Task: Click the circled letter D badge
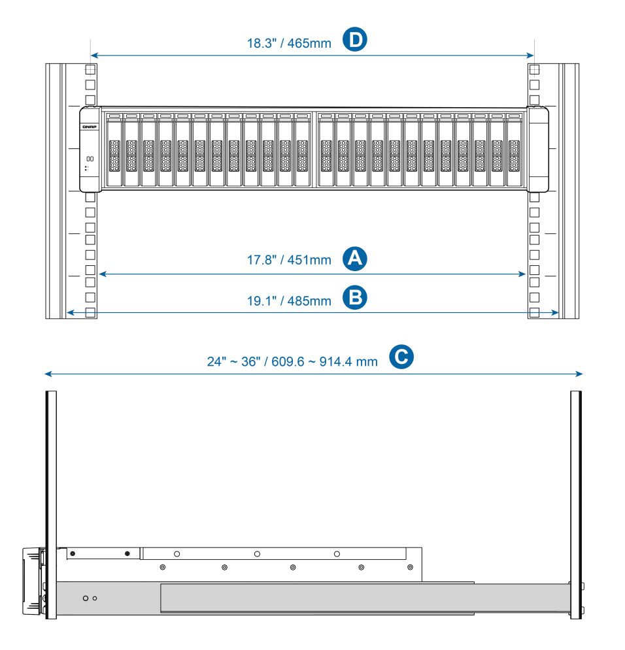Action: (354, 40)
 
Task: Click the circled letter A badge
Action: (354, 259)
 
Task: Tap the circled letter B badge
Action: (354, 298)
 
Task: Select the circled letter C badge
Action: (401, 357)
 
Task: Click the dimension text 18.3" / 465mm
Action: (289, 43)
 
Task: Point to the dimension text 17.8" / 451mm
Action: (289, 260)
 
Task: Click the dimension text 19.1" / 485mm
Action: (289, 301)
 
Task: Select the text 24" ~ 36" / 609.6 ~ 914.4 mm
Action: (292, 361)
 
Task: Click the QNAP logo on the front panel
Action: (89, 127)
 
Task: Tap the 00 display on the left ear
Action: (90, 159)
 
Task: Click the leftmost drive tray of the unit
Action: (114, 150)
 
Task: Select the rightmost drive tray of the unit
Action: (514, 150)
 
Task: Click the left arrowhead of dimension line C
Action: (47, 374)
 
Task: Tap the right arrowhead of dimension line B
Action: (555, 312)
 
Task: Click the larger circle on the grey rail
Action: (86, 598)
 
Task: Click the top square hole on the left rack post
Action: (90, 69)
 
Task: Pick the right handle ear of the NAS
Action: (538, 149)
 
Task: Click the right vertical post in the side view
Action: (576, 504)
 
